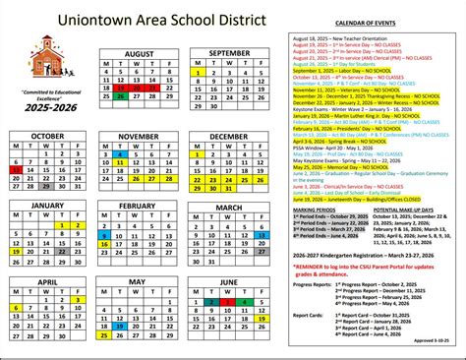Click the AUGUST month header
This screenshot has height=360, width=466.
(x=140, y=50)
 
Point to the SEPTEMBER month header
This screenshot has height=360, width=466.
(x=229, y=50)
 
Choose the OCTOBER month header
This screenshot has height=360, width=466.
(x=47, y=135)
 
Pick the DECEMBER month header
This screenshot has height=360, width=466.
(x=229, y=135)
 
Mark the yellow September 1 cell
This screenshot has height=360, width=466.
(x=199, y=72)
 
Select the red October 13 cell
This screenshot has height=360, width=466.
(x=17, y=168)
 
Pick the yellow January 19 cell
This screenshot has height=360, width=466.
(x=17, y=250)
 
